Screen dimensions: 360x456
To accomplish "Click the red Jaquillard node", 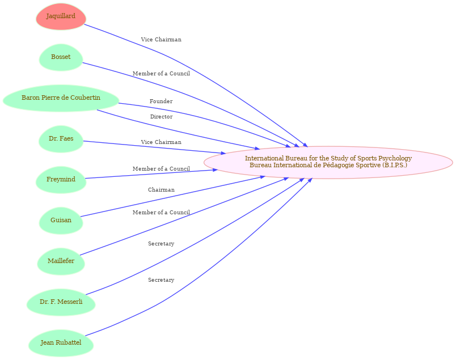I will click(61, 16).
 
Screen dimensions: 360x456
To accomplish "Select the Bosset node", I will click(61, 57).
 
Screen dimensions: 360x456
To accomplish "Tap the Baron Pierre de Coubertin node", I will click(61, 98).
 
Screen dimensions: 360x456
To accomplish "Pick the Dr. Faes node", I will click(61, 139).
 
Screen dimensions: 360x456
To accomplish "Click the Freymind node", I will click(61, 180).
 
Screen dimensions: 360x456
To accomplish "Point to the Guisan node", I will click(61, 220).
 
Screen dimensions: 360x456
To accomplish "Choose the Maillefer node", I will click(61, 261).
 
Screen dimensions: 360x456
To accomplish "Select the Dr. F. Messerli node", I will click(61, 302).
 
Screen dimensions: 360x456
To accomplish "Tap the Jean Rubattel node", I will click(61, 343).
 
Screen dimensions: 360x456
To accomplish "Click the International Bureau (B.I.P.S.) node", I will click(328, 162).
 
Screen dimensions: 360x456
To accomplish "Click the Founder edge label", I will click(161, 101).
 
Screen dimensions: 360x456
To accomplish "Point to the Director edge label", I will click(161, 117).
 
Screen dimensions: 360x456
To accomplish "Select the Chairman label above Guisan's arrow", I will click(161, 190).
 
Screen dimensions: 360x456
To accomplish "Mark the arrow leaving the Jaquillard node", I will click(170, 56).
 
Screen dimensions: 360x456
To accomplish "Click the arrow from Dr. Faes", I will click(153, 147).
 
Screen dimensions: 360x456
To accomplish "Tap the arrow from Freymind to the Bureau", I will click(153, 173).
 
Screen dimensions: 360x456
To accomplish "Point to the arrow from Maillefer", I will click(170, 223).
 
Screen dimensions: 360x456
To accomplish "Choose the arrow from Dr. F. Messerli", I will click(170, 260).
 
